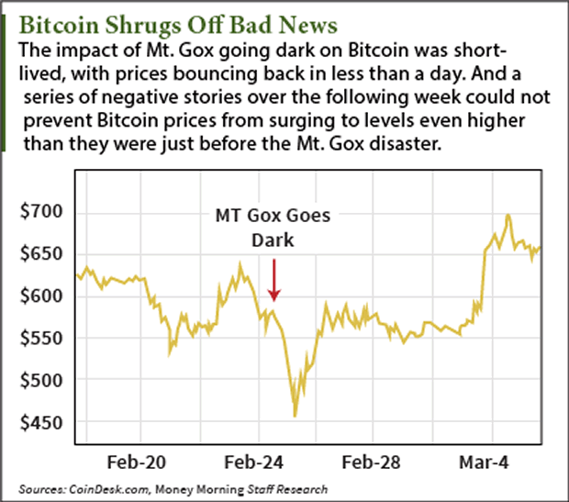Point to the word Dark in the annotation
[x=273, y=240]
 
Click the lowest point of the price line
[x=295, y=416]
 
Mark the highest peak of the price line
[x=508, y=216]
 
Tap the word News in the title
[x=304, y=21]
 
